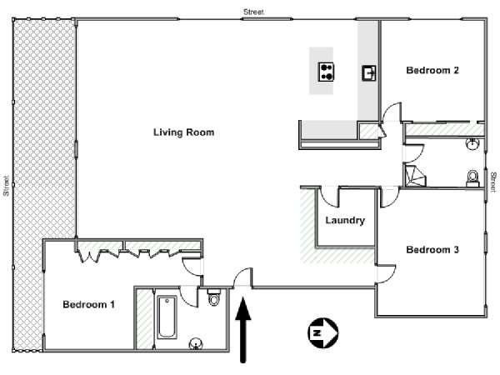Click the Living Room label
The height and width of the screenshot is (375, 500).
pos(183,132)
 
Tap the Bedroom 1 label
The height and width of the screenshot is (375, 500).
pos(88,304)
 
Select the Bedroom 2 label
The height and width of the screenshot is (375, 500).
pos(432,70)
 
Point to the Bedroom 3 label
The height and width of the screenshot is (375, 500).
pos(432,250)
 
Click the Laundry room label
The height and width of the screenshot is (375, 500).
pos(345,220)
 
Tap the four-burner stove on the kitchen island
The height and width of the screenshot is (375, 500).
pos(326,72)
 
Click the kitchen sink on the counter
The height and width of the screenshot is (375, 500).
pos(369,73)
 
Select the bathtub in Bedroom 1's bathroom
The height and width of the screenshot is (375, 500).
pos(167,317)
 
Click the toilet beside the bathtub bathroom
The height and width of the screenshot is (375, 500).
pos(213,297)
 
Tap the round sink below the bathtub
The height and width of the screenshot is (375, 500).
pos(195,344)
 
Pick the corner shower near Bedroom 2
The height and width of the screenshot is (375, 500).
pos(415,175)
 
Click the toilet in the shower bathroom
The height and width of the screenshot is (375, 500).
pos(472,178)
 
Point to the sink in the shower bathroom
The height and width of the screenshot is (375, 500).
pos(472,144)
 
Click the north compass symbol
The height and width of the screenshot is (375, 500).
pos(322,332)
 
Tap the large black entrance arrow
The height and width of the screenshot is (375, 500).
pos(243,330)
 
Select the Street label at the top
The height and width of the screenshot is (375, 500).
pos(253,12)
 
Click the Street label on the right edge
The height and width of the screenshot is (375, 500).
pos(493,182)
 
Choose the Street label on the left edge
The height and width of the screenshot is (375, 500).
pos(6,186)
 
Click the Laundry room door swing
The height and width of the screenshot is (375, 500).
pos(328,199)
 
